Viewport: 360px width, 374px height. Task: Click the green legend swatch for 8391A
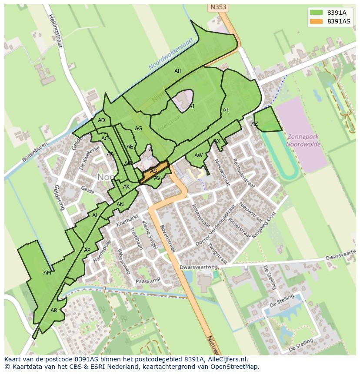click(x=316, y=13)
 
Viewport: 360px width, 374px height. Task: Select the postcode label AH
click(x=178, y=71)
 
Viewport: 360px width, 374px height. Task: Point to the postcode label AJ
click(x=191, y=106)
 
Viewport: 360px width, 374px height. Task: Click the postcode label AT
click(x=226, y=110)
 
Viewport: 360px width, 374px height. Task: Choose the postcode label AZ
click(x=255, y=124)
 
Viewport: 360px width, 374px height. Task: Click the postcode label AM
click(x=47, y=273)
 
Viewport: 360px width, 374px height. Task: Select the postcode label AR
click(x=54, y=311)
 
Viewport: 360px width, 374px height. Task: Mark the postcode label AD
click(x=101, y=120)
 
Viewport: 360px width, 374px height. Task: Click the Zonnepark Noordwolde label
click(x=303, y=140)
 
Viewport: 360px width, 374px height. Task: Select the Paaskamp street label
click(x=148, y=281)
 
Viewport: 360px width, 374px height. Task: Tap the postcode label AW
click(x=198, y=156)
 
